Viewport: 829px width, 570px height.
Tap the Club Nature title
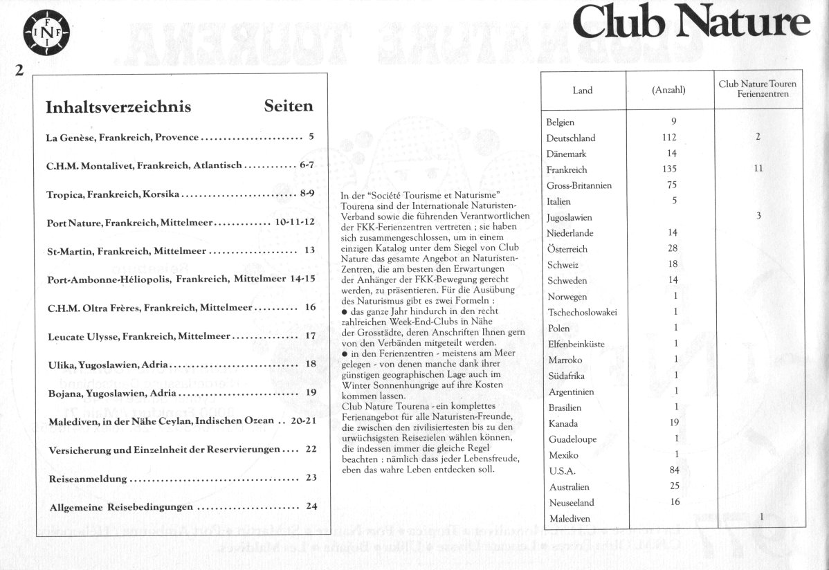[x=691, y=23]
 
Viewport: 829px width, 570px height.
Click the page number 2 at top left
[x=19, y=69]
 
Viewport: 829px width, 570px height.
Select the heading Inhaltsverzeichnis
[x=118, y=107]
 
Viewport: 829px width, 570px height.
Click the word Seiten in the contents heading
[x=289, y=106]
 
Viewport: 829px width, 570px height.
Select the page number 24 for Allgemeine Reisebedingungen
[x=311, y=506]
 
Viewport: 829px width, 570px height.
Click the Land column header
[x=583, y=90]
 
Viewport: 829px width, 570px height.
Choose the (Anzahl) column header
[x=668, y=90]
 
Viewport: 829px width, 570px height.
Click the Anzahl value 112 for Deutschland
[x=669, y=137]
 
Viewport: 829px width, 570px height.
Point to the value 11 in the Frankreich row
[x=758, y=168]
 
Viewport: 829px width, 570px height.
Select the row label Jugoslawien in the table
[x=570, y=217]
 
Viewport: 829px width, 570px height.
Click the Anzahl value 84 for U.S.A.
[x=674, y=470]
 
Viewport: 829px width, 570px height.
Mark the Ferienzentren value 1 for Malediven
[x=761, y=517]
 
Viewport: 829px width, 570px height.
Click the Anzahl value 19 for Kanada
[x=675, y=423]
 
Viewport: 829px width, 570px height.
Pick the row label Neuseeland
[x=572, y=502]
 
